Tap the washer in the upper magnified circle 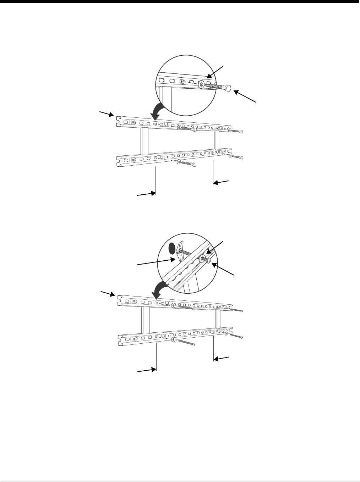202,85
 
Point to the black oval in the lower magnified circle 171,248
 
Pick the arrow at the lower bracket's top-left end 107,293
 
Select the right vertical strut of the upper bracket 217,140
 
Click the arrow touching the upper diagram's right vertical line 221,182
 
